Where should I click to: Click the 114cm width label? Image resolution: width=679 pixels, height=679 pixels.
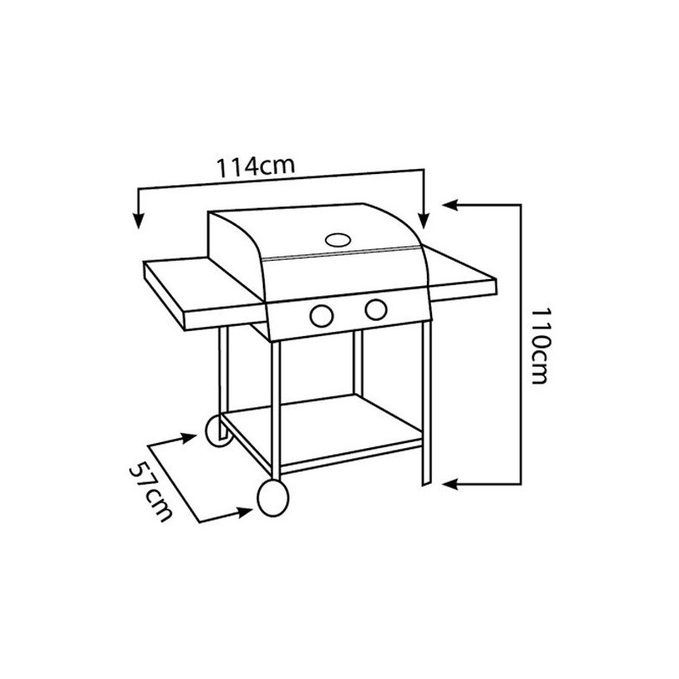click(254, 166)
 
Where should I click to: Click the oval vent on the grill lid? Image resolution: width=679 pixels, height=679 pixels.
click(339, 240)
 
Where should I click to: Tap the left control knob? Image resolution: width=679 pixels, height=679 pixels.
click(322, 315)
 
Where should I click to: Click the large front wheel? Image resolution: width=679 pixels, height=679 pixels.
click(270, 497)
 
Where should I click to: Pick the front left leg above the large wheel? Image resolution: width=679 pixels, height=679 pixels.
click(276, 407)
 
